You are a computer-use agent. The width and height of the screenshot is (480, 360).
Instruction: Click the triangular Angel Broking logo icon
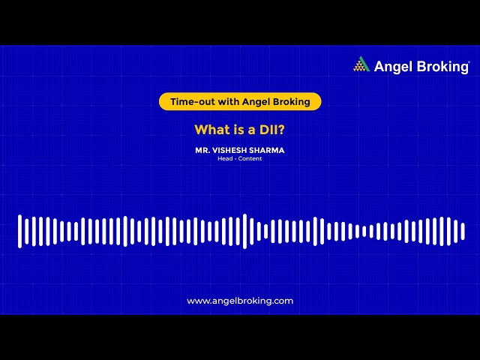(361, 64)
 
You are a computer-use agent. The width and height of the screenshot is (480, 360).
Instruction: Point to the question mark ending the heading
(281, 129)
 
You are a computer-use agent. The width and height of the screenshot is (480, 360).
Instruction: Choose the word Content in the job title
(250, 158)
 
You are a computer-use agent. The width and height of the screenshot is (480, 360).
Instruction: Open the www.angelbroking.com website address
(240, 301)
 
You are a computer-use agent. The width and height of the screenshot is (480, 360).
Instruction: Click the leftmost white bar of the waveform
(20, 231)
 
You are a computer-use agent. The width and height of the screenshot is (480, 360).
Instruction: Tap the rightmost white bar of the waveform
(463, 231)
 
